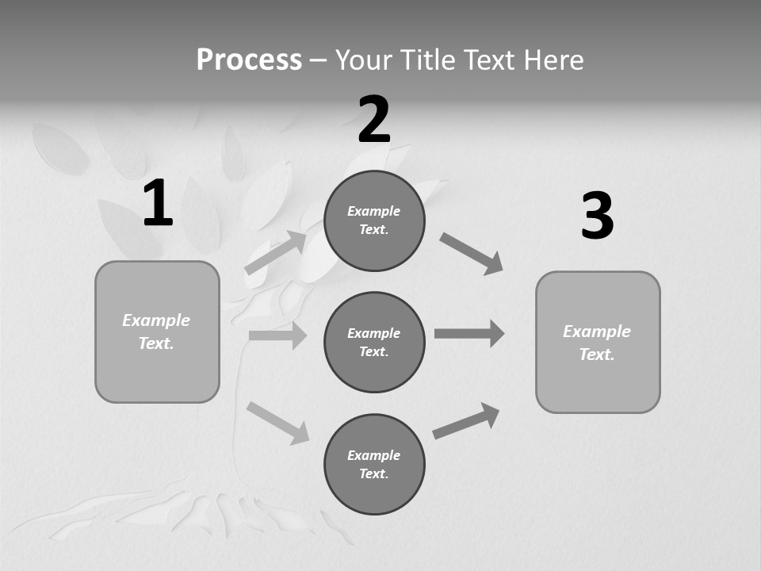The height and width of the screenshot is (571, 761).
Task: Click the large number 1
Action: (x=158, y=203)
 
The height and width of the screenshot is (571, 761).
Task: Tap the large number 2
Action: (x=374, y=120)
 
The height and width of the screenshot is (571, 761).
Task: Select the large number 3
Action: (x=597, y=217)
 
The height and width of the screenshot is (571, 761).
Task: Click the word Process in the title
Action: (x=249, y=60)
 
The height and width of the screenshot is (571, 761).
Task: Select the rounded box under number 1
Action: (x=157, y=331)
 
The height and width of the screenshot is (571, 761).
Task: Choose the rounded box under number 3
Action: (x=598, y=343)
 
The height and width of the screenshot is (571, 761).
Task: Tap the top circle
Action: (x=374, y=220)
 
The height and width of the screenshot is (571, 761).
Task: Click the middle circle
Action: (x=374, y=343)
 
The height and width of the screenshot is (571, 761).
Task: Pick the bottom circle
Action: (x=374, y=465)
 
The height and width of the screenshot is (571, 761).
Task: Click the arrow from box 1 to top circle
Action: (x=276, y=252)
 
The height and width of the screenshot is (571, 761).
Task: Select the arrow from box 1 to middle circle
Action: (x=277, y=335)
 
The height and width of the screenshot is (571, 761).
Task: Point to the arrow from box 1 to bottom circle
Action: (x=277, y=422)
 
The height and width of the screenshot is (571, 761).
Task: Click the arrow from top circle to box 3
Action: (x=472, y=253)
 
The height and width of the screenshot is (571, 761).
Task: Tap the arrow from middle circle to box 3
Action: (x=469, y=333)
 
